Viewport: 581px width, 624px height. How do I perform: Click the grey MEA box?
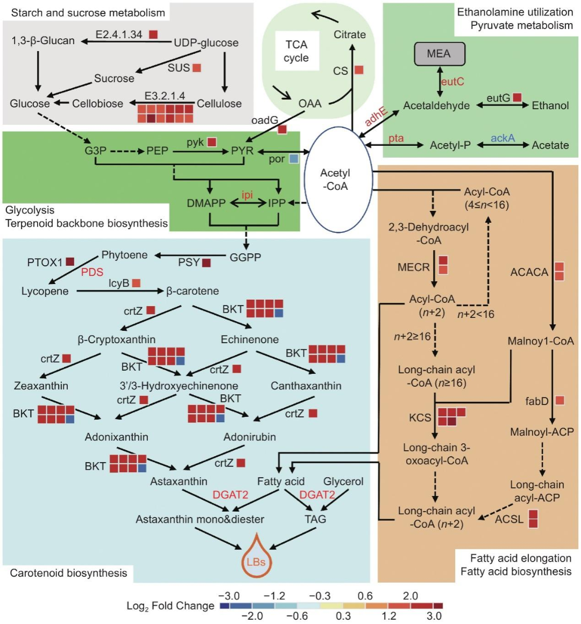pyautogui.click(x=439, y=54)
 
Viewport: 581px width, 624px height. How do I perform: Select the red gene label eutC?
pyautogui.click(x=452, y=82)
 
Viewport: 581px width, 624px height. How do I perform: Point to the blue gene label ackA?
pyautogui.click(x=502, y=138)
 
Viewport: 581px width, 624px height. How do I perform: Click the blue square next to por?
pyautogui.click(x=293, y=159)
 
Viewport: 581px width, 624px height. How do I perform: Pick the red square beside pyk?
pyautogui.click(x=212, y=142)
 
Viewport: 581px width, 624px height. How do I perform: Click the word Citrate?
pyautogui.click(x=350, y=34)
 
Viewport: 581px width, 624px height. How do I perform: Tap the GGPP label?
pyautogui.click(x=245, y=258)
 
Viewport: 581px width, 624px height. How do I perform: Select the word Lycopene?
pyautogui.click(x=45, y=292)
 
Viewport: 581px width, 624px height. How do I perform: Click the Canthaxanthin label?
pyautogui.click(x=306, y=386)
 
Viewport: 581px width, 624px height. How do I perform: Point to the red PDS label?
pyautogui.click(x=92, y=272)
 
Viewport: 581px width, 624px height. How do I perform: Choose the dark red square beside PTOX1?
pyautogui.click(x=70, y=262)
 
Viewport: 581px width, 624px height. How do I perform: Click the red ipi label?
pyautogui.click(x=247, y=195)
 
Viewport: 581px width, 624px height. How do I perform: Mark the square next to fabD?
pyautogui.click(x=559, y=400)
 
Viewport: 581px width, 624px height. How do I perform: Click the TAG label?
pyautogui.click(x=315, y=519)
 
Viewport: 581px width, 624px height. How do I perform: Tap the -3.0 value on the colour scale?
pyautogui.click(x=229, y=596)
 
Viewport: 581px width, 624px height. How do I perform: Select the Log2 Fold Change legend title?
pyautogui.click(x=170, y=606)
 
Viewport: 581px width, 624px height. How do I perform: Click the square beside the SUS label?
pyautogui.click(x=197, y=68)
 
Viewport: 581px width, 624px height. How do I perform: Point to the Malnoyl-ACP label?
pyautogui.click(x=542, y=432)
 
